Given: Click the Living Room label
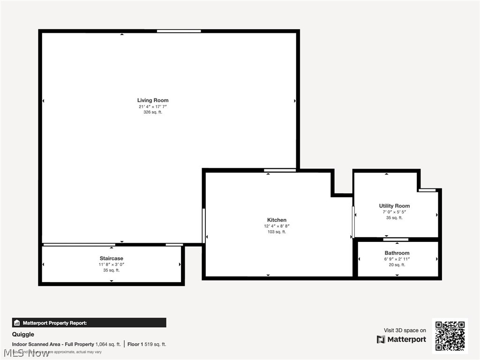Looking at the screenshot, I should tap(153, 100).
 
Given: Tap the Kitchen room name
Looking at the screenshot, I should tap(277, 220).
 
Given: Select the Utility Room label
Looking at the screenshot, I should tap(394, 206).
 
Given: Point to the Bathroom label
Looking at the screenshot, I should tap(397, 253).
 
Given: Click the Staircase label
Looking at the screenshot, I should tap(111, 258).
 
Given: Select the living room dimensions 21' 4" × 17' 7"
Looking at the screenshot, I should tap(153, 107).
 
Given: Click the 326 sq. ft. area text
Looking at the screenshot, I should tap(153, 112).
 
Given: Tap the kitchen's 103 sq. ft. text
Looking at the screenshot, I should tap(277, 232).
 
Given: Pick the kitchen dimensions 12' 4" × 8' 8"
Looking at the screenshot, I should tap(277, 226).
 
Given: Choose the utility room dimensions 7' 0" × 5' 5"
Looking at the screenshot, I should tap(394, 212).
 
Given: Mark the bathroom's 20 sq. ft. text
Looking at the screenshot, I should tap(397, 265).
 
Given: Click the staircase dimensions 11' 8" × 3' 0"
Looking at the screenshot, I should tap(111, 264).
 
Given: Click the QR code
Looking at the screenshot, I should tap(450, 336).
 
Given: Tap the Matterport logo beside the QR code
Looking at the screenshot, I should tap(402, 339).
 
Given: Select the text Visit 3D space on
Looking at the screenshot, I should tap(405, 330).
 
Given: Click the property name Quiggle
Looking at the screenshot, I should tap(23, 335).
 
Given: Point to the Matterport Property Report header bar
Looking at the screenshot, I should tap(89, 322).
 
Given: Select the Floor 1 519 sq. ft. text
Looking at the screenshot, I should tap(147, 345).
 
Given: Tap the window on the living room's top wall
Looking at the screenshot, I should tap(179, 31).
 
